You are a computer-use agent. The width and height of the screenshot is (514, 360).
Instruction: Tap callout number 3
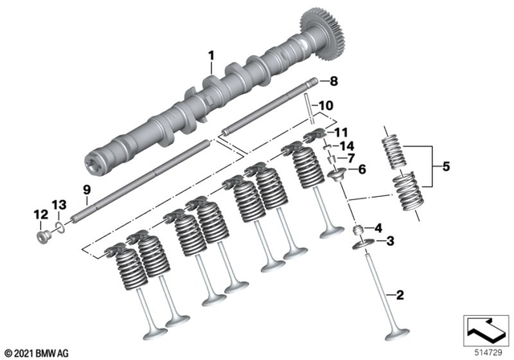pos(391,241)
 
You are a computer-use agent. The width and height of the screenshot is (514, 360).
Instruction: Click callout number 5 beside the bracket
pos(447,169)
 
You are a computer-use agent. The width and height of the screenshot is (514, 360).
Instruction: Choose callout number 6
pos(361,169)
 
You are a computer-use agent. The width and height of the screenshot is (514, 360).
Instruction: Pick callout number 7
pos(350,157)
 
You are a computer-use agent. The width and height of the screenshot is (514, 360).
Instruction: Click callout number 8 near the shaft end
pos(335,80)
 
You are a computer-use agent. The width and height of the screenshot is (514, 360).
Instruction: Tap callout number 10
pos(325,105)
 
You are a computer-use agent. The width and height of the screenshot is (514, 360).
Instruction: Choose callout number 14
pos(347,145)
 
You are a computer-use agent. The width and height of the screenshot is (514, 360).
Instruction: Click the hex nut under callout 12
pos(39,237)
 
